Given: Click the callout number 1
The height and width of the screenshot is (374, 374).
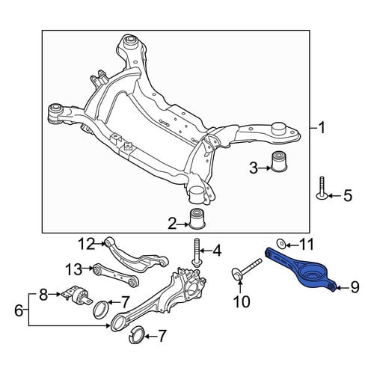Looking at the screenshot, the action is pos(322,128).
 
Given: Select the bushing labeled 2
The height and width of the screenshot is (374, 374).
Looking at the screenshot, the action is pos(197,218).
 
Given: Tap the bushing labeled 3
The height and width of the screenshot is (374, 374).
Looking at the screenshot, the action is pos(279,161).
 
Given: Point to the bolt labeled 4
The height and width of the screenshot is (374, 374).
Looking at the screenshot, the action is pos(196,252).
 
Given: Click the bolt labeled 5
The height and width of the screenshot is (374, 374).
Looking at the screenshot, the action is pos(322,188).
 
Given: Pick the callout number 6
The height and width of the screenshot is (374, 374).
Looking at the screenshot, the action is pos(19,310).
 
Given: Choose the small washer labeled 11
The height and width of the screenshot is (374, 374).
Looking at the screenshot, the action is pos(280,243).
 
